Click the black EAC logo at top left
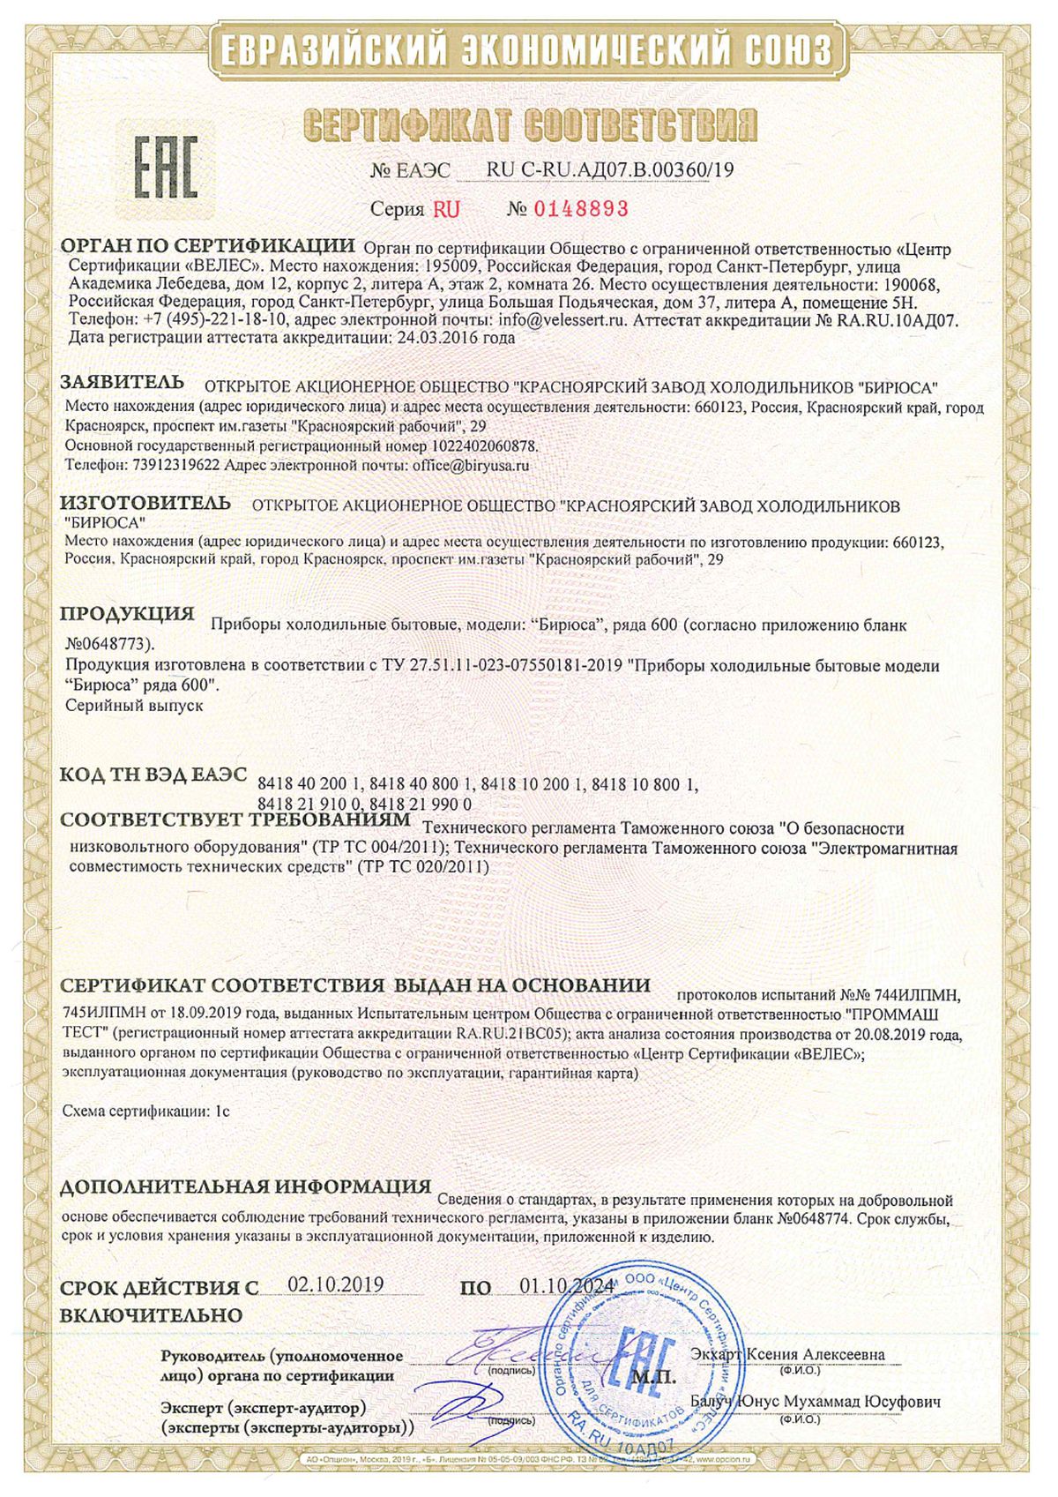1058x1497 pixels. click(x=165, y=167)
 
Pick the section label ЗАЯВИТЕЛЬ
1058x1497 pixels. click(x=122, y=383)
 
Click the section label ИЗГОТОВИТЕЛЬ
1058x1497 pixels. click(x=145, y=504)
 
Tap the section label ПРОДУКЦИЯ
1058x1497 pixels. click(x=126, y=614)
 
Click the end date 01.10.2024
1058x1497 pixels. click(x=566, y=1285)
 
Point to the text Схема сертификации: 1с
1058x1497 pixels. click(x=146, y=1112)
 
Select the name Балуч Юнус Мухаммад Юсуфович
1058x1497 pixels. click(x=816, y=1402)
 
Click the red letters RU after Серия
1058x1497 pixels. click(x=446, y=209)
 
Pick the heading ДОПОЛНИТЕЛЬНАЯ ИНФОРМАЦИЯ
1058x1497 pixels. click(x=245, y=1186)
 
